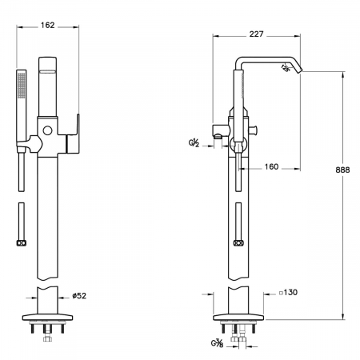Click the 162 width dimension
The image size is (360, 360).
47,25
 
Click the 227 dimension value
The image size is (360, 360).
256,34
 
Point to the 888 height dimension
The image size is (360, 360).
342,170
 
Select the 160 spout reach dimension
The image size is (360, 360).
271,166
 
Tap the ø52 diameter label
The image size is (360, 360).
79,296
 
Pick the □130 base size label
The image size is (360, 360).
288,293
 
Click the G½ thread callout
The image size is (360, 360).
194,143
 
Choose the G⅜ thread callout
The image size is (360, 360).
217,343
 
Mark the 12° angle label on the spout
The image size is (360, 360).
285,68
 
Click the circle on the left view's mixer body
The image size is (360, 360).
47,130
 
